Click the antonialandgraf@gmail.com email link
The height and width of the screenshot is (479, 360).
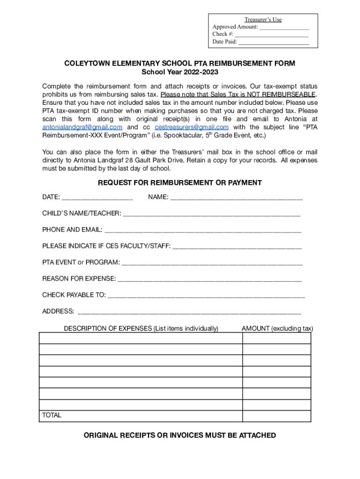82,127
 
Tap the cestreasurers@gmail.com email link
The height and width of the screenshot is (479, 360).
192,127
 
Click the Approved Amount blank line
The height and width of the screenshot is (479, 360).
284,28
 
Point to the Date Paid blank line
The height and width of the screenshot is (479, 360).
274,43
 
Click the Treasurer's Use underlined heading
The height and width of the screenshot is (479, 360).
263,20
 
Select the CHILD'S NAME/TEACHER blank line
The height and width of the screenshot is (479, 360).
211,214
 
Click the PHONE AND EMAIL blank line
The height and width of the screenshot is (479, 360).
203,231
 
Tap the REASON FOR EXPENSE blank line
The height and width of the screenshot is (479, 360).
210,280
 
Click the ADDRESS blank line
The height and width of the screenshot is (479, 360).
189,312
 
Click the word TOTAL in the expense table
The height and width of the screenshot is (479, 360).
52,415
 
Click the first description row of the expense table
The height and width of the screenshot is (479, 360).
141,338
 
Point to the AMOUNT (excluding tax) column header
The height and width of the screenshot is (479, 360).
277,328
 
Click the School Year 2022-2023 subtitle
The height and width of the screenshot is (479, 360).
180,72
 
